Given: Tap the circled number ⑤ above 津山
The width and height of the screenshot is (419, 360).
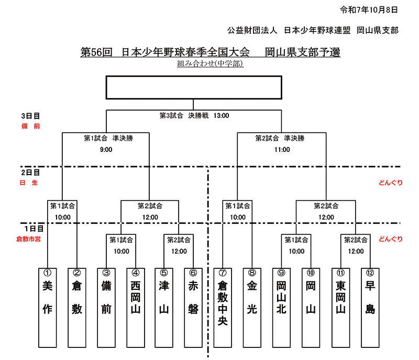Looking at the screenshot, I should click(x=164, y=272).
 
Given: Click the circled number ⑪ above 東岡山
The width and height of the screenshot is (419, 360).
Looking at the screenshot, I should click(x=341, y=272).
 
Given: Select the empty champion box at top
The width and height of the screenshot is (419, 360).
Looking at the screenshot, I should click(x=194, y=88).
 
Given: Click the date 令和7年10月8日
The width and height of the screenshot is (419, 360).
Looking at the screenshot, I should click(x=369, y=9).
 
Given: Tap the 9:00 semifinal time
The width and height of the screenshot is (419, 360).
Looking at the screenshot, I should click(x=106, y=150).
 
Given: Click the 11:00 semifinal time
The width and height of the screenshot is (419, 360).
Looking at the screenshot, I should click(x=281, y=150).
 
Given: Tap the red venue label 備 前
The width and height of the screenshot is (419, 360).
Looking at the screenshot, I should click(x=30, y=126).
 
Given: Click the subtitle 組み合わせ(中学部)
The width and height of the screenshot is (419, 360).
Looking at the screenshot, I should click(x=210, y=64).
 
